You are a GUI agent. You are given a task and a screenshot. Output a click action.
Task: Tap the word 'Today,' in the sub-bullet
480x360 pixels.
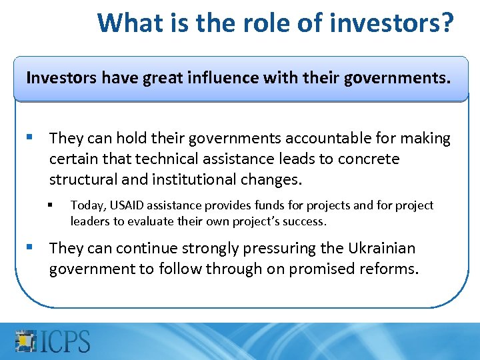[86, 205]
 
